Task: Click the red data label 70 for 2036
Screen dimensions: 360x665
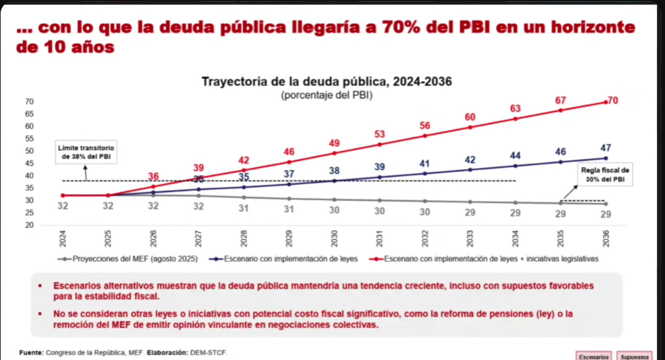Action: click(613, 101)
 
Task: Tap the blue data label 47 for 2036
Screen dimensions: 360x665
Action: click(606, 147)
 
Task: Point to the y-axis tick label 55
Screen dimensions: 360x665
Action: click(29, 139)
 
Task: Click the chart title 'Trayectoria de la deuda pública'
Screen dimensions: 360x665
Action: click(326, 82)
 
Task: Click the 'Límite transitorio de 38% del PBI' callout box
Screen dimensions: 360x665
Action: click(86, 152)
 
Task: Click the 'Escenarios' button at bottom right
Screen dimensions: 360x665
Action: click(594, 356)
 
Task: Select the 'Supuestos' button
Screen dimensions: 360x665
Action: click(636, 356)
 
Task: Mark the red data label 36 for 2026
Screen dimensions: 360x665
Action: click(153, 176)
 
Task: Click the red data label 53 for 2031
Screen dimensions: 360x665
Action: click(379, 133)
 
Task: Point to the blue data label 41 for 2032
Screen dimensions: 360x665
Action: click(425, 163)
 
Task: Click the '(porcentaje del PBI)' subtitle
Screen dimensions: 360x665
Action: click(326, 96)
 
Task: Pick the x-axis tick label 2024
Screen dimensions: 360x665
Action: click(62, 237)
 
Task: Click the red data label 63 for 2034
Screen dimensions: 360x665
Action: click(515, 108)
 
